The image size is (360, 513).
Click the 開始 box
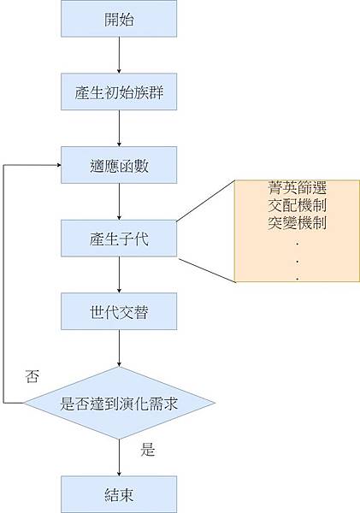coord(119,19)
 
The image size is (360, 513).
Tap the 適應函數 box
coord(119,165)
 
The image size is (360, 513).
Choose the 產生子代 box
coord(119,239)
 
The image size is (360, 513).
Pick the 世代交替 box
coord(119,312)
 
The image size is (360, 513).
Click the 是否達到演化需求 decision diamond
coord(119,403)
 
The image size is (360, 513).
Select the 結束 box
coord(119,494)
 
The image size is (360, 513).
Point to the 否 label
coord(32,376)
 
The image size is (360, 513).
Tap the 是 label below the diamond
coord(148,450)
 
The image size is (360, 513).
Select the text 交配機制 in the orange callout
coord(297,206)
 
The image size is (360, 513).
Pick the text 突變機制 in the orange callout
coord(297,222)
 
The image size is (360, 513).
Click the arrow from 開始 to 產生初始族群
coord(119,56)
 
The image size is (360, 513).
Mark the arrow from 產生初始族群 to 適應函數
coord(119,128)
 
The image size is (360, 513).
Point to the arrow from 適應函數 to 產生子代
coord(119,202)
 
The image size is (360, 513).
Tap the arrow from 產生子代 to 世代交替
coord(119,275)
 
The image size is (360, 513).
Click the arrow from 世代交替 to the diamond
coord(119,349)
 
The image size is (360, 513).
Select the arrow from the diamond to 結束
coord(119,457)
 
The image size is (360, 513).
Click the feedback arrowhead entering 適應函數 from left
coord(56,165)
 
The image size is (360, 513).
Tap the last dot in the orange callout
coord(297,277)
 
